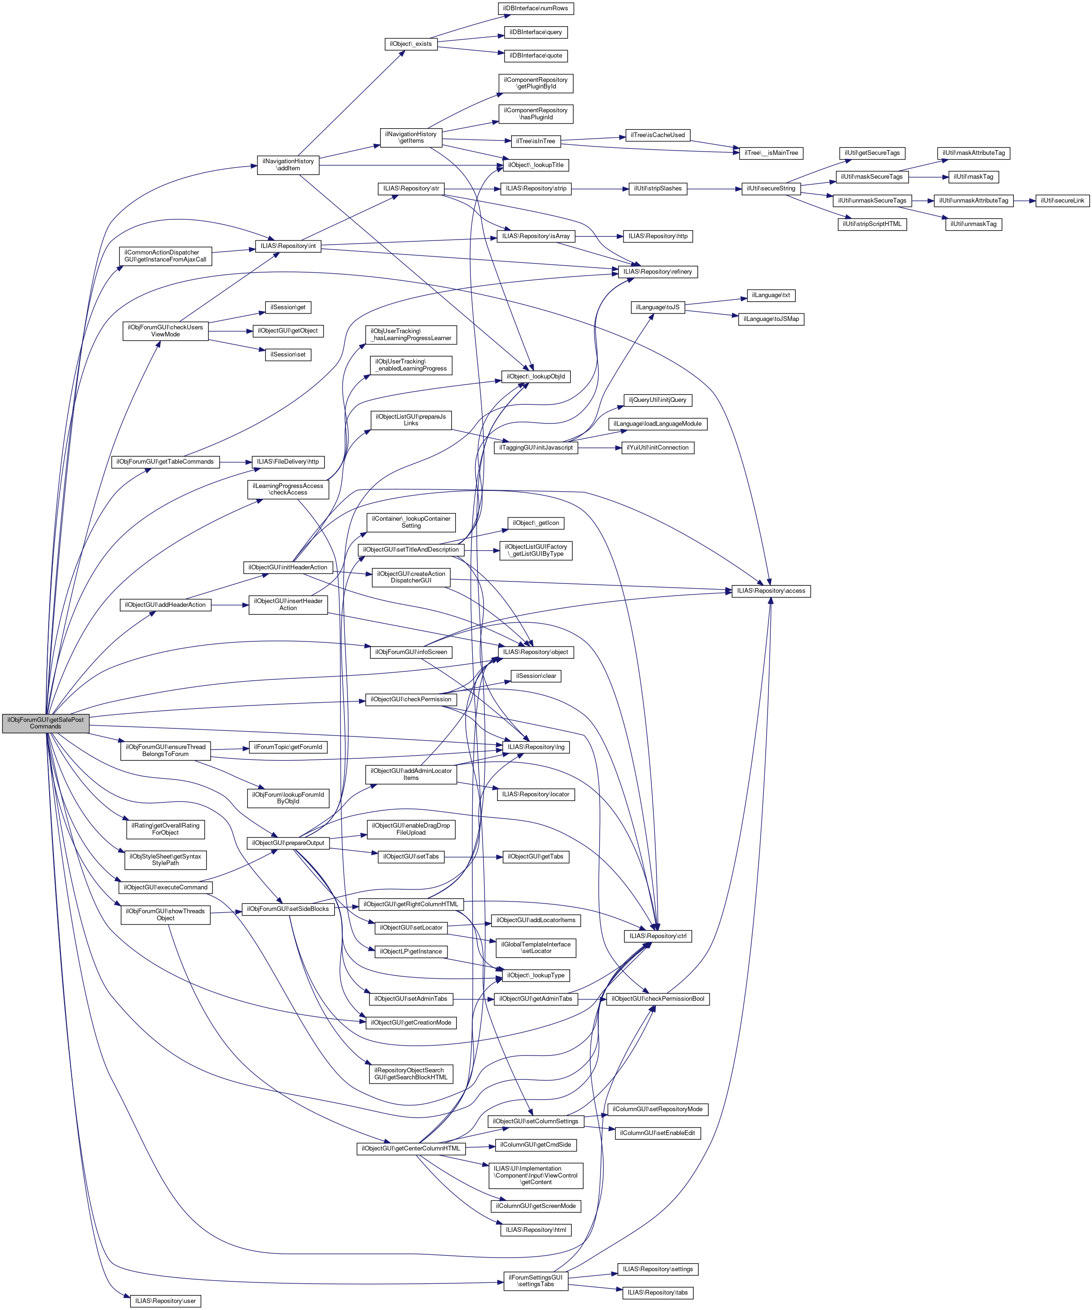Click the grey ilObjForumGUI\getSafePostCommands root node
coord(45,722)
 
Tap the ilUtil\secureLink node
coord(1062,200)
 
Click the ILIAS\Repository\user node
coord(165,1301)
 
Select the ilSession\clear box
coord(535,676)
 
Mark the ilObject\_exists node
coord(410,44)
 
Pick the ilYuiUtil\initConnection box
coord(658,447)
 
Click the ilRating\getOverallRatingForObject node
coord(165,829)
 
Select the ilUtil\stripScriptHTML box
coord(872,224)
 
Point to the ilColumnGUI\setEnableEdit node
coord(657,1133)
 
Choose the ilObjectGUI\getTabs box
coord(535,857)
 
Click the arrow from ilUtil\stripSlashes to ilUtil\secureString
coord(714,189)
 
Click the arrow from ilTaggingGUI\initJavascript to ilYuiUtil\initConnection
coord(599,447)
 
